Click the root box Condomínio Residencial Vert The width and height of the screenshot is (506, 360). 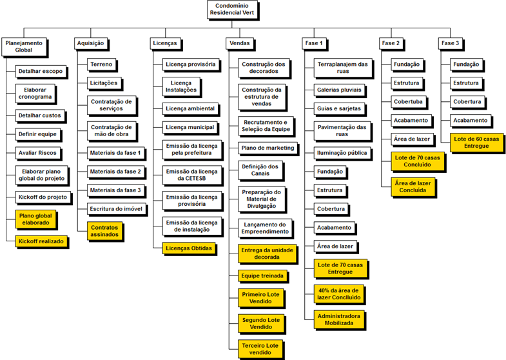tap(232, 10)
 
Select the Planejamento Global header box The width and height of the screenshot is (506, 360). tap(24, 47)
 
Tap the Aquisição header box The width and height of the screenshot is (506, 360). tap(91, 43)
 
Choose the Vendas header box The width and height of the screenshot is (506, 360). tap(240, 43)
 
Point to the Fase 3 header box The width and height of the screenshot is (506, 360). tap(451, 43)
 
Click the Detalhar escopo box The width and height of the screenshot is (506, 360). tap(41, 72)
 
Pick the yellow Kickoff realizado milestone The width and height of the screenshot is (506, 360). tap(41, 241)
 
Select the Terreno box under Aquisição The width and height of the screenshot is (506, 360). tap(101, 65)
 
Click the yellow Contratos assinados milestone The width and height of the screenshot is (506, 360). tap(104, 231)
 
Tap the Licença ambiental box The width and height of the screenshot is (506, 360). tap(190, 109)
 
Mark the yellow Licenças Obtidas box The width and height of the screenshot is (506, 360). tap(189, 248)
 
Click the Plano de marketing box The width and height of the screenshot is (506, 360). tap(268, 148)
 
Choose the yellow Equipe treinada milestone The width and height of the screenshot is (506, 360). tap(262, 276)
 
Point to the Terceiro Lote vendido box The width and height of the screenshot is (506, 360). tap(261, 349)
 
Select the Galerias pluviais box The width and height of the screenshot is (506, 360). tap(339, 90)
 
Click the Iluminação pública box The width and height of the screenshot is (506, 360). tap(342, 153)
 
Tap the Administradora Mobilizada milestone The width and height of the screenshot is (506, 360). tap(339, 319)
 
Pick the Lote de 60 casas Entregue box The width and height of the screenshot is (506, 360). tap(476, 143)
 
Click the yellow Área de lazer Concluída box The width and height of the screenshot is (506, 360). tap(413, 187)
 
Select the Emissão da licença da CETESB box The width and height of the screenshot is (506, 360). tap(192, 175)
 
